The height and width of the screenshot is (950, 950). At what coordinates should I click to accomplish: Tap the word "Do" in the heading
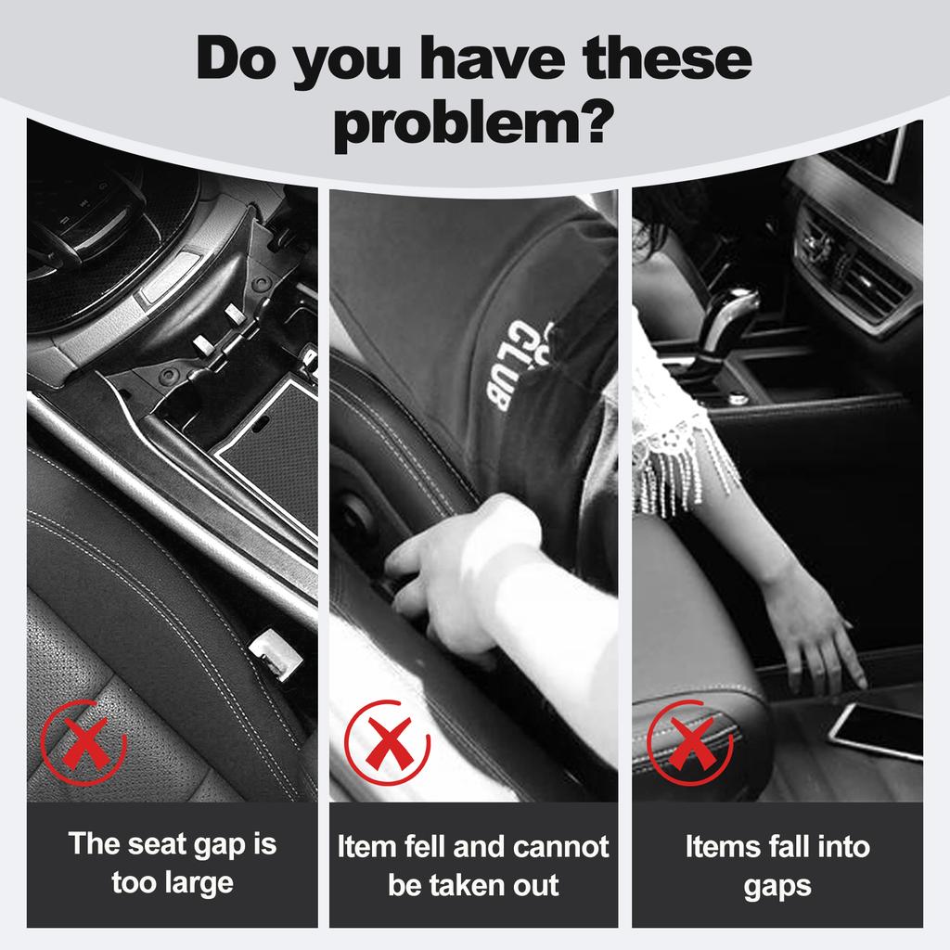pos(236,58)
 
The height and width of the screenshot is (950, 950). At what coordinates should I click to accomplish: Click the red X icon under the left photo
pos(83,742)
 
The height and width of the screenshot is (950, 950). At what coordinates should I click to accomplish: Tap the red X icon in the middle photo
pos(387,742)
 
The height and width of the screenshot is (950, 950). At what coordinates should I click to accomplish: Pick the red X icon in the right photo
pos(690,742)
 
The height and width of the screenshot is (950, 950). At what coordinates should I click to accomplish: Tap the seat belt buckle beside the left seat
pos(276,654)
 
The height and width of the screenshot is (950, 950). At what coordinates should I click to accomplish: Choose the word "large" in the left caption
pos(199,883)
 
